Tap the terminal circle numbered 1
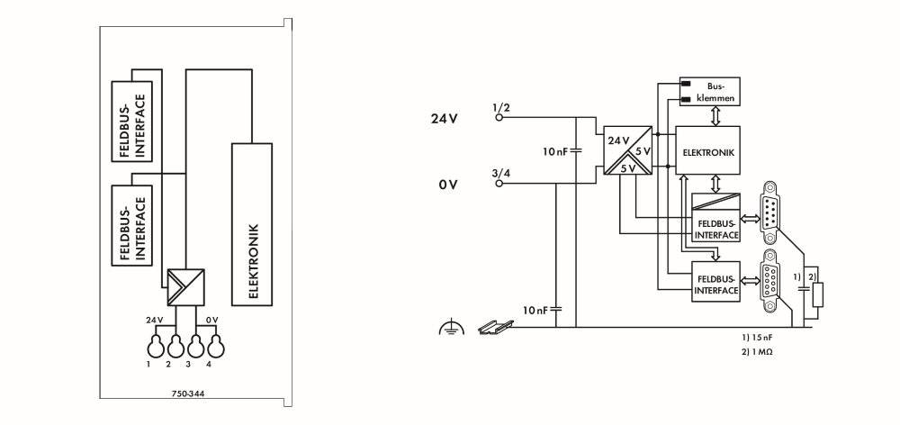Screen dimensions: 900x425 [x=155, y=347]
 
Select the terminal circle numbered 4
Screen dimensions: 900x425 [x=216, y=347]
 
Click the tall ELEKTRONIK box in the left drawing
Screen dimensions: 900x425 [x=251, y=224]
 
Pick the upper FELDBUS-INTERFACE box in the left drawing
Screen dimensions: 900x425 [x=132, y=122]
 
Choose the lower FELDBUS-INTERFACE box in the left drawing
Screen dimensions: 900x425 [x=132, y=225]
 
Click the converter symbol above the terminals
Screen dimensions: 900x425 [x=185, y=287]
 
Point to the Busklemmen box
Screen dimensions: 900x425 [x=710, y=92]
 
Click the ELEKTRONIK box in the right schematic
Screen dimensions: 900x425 [x=708, y=150]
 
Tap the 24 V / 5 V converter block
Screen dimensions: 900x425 [x=627, y=150]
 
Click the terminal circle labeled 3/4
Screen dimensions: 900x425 [x=499, y=184]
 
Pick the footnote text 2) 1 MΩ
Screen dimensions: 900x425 [x=757, y=351]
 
